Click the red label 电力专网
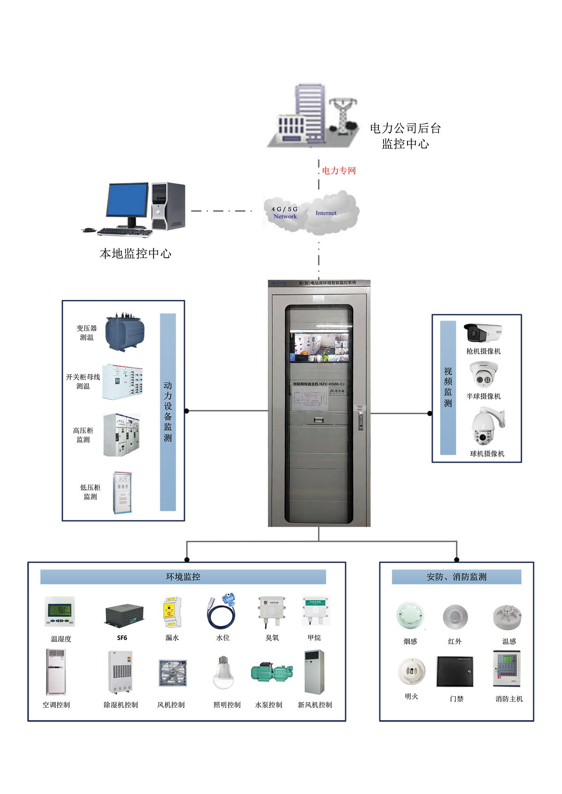339,171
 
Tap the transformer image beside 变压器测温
125,332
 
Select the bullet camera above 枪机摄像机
482,333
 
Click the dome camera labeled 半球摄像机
484,375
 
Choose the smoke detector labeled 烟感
411,616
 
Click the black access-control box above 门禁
455,671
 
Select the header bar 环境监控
183,577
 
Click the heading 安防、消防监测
456,577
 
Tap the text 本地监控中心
135,254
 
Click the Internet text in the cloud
326,213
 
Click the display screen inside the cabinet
319,347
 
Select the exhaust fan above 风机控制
173,673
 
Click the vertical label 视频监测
448,387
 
